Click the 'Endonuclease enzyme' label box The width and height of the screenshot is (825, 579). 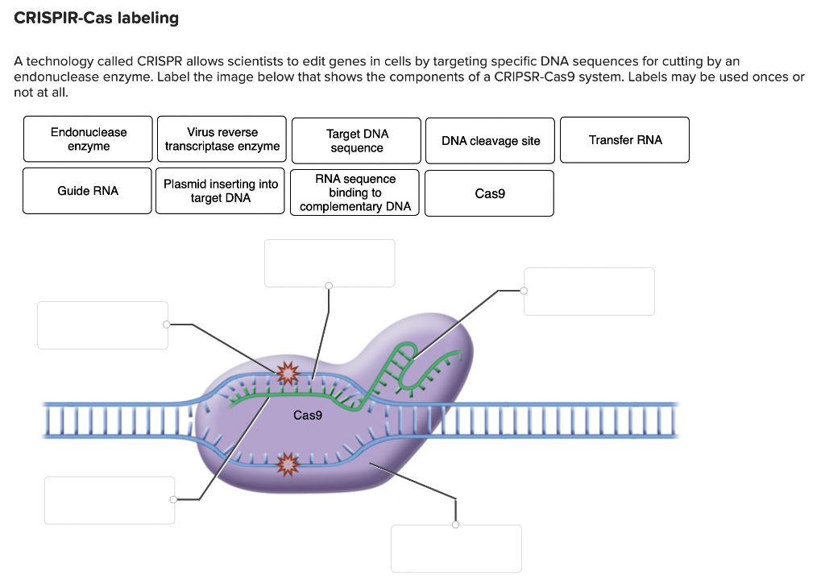(x=88, y=139)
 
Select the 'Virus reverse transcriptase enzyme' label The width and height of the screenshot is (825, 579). (x=222, y=139)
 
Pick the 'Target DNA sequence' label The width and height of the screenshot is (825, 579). (x=356, y=140)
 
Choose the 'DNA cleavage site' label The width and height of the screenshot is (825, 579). (x=490, y=140)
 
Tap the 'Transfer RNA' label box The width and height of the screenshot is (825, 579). (x=624, y=140)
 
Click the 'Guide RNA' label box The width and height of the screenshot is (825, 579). (x=87, y=190)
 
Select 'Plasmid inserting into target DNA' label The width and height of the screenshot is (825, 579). (x=220, y=190)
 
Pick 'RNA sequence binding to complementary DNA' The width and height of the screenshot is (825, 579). (x=354, y=192)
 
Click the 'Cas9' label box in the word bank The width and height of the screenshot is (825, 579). (x=489, y=193)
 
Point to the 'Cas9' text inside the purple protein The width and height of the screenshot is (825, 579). (x=307, y=416)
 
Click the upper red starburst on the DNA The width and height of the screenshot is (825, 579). (x=288, y=374)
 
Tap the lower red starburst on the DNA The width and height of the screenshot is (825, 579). (x=288, y=463)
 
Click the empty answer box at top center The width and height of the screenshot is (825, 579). (x=330, y=263)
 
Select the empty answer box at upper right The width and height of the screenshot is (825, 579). (x=589, y=292)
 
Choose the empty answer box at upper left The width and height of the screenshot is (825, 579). (x=102, y=325)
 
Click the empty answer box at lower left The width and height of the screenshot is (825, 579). (x=110, y=500)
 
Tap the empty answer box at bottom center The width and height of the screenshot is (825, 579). (x=456, y=548)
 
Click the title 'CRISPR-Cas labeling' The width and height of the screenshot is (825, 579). (x=97, y=18)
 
